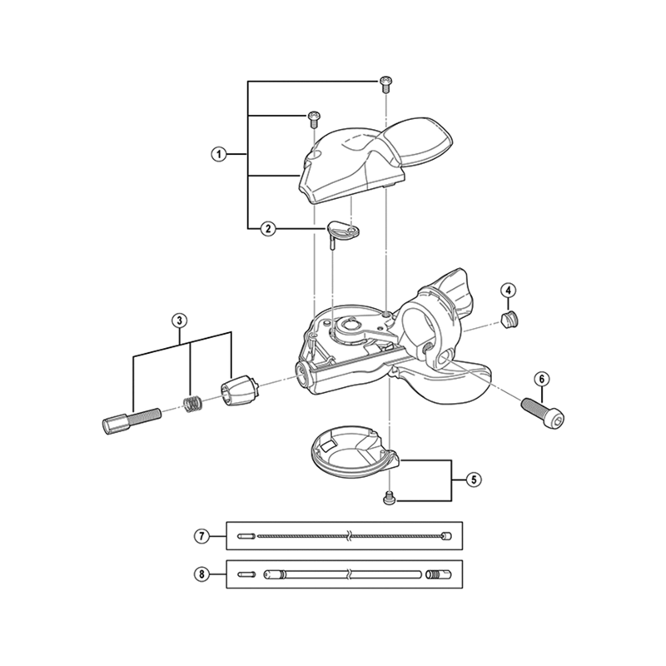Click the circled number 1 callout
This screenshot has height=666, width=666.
[219, 154]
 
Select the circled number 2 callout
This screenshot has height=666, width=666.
[268, 229]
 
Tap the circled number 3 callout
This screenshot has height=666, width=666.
[179, 321]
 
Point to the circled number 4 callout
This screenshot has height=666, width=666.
[509, 291]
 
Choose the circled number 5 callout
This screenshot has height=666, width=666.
[474, 480]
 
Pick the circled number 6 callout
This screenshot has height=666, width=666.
[542, 379]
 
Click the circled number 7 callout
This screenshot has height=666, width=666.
[201, 536]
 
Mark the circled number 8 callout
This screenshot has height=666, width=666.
[201, 574]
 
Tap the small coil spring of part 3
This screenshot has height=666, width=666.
[192, 403]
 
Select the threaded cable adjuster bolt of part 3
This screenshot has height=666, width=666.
[132, 420]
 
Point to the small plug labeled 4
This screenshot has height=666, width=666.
[509, 320]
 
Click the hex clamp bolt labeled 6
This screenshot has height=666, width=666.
[544, 413]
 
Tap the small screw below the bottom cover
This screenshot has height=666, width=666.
[390, 498]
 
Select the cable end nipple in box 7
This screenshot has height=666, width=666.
[446, 536]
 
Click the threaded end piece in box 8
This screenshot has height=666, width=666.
[439, 574]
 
